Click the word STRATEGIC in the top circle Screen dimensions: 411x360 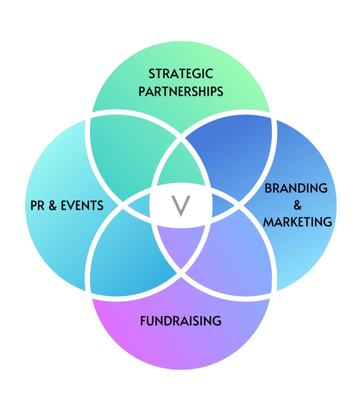click(x=181, y=74)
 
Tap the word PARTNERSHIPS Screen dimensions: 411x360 click(x=181, y=92)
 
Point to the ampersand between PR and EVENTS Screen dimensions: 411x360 click(x=52, y=206)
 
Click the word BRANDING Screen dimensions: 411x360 click(x=296, y=188)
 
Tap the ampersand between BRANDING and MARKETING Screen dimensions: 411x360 click(x=297, y=205)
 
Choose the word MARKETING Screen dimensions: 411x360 click(x=297, y=222)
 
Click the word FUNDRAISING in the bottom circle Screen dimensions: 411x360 click(x=181, y=321)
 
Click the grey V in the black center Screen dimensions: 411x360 click(x=181, y=206)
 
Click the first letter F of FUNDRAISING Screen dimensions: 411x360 click(x=143, y=321)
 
